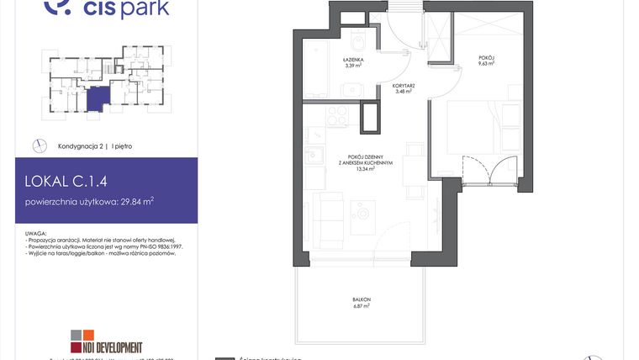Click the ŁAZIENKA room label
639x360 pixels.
pos(352,60)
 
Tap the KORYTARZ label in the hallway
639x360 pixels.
pos(404,87)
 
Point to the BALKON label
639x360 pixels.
pos(362,299)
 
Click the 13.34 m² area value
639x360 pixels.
pos(366,168)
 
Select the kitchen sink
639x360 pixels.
pos(314,155)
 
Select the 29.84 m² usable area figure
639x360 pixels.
pos(138,201)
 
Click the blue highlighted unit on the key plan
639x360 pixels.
pos(98,98)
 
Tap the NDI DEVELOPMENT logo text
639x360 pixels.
pos(112,347)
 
